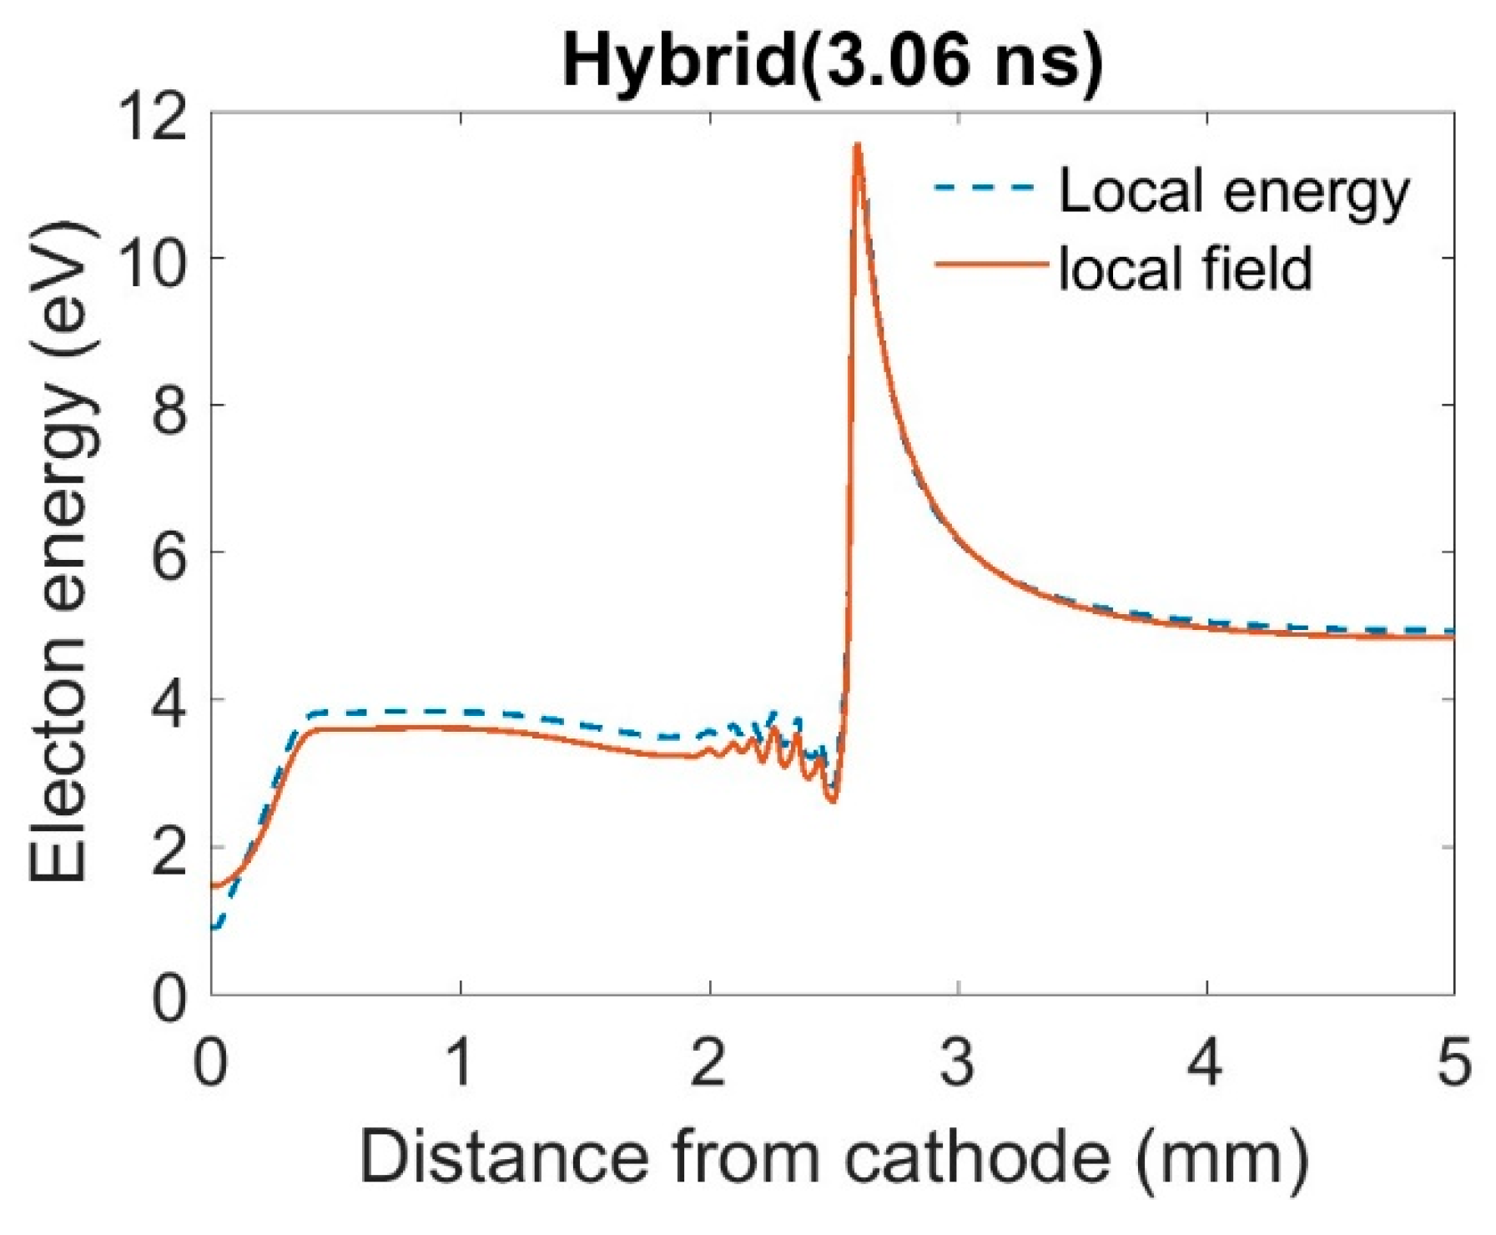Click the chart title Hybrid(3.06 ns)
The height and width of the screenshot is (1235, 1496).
point(832,62)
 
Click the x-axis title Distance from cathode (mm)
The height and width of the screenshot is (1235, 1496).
point(832,1158)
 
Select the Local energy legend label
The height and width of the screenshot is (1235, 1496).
point(1233,191)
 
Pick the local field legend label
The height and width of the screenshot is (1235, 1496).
point(1186,269)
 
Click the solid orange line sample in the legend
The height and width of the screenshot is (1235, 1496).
point(990,265)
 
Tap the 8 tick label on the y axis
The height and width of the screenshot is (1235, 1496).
point(169,406)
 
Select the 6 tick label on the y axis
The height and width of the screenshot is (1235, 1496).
point(169,553)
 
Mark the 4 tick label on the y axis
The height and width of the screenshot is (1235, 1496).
point(169,700)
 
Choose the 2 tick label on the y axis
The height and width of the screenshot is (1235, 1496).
point(169,848)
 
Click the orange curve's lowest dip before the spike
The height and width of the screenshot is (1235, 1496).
point(833,801)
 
